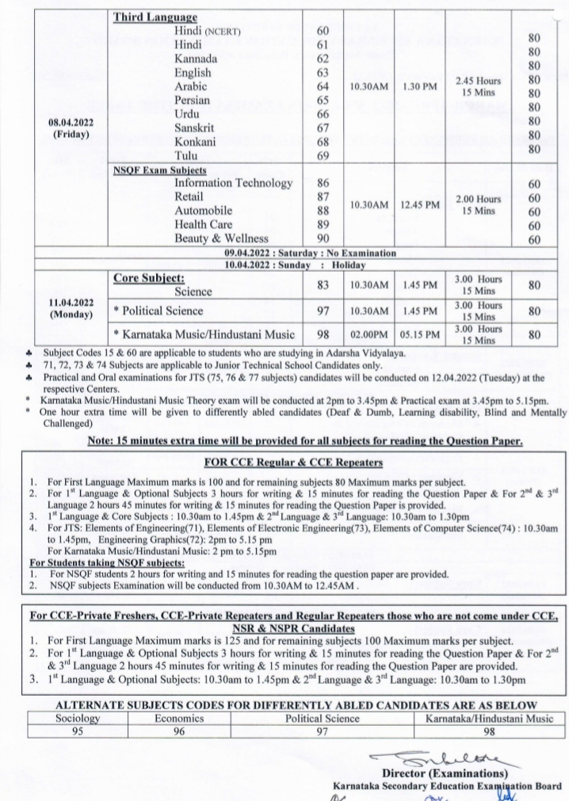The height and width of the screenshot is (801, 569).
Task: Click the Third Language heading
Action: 155,17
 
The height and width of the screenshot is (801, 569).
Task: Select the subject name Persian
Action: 195,101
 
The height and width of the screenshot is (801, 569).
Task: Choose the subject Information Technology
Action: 234,184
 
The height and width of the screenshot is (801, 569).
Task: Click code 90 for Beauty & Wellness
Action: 322,238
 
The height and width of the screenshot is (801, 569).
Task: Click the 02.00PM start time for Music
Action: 370,335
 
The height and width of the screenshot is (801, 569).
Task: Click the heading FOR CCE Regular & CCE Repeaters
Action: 284,461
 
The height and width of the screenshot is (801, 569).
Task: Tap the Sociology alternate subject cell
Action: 78,719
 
